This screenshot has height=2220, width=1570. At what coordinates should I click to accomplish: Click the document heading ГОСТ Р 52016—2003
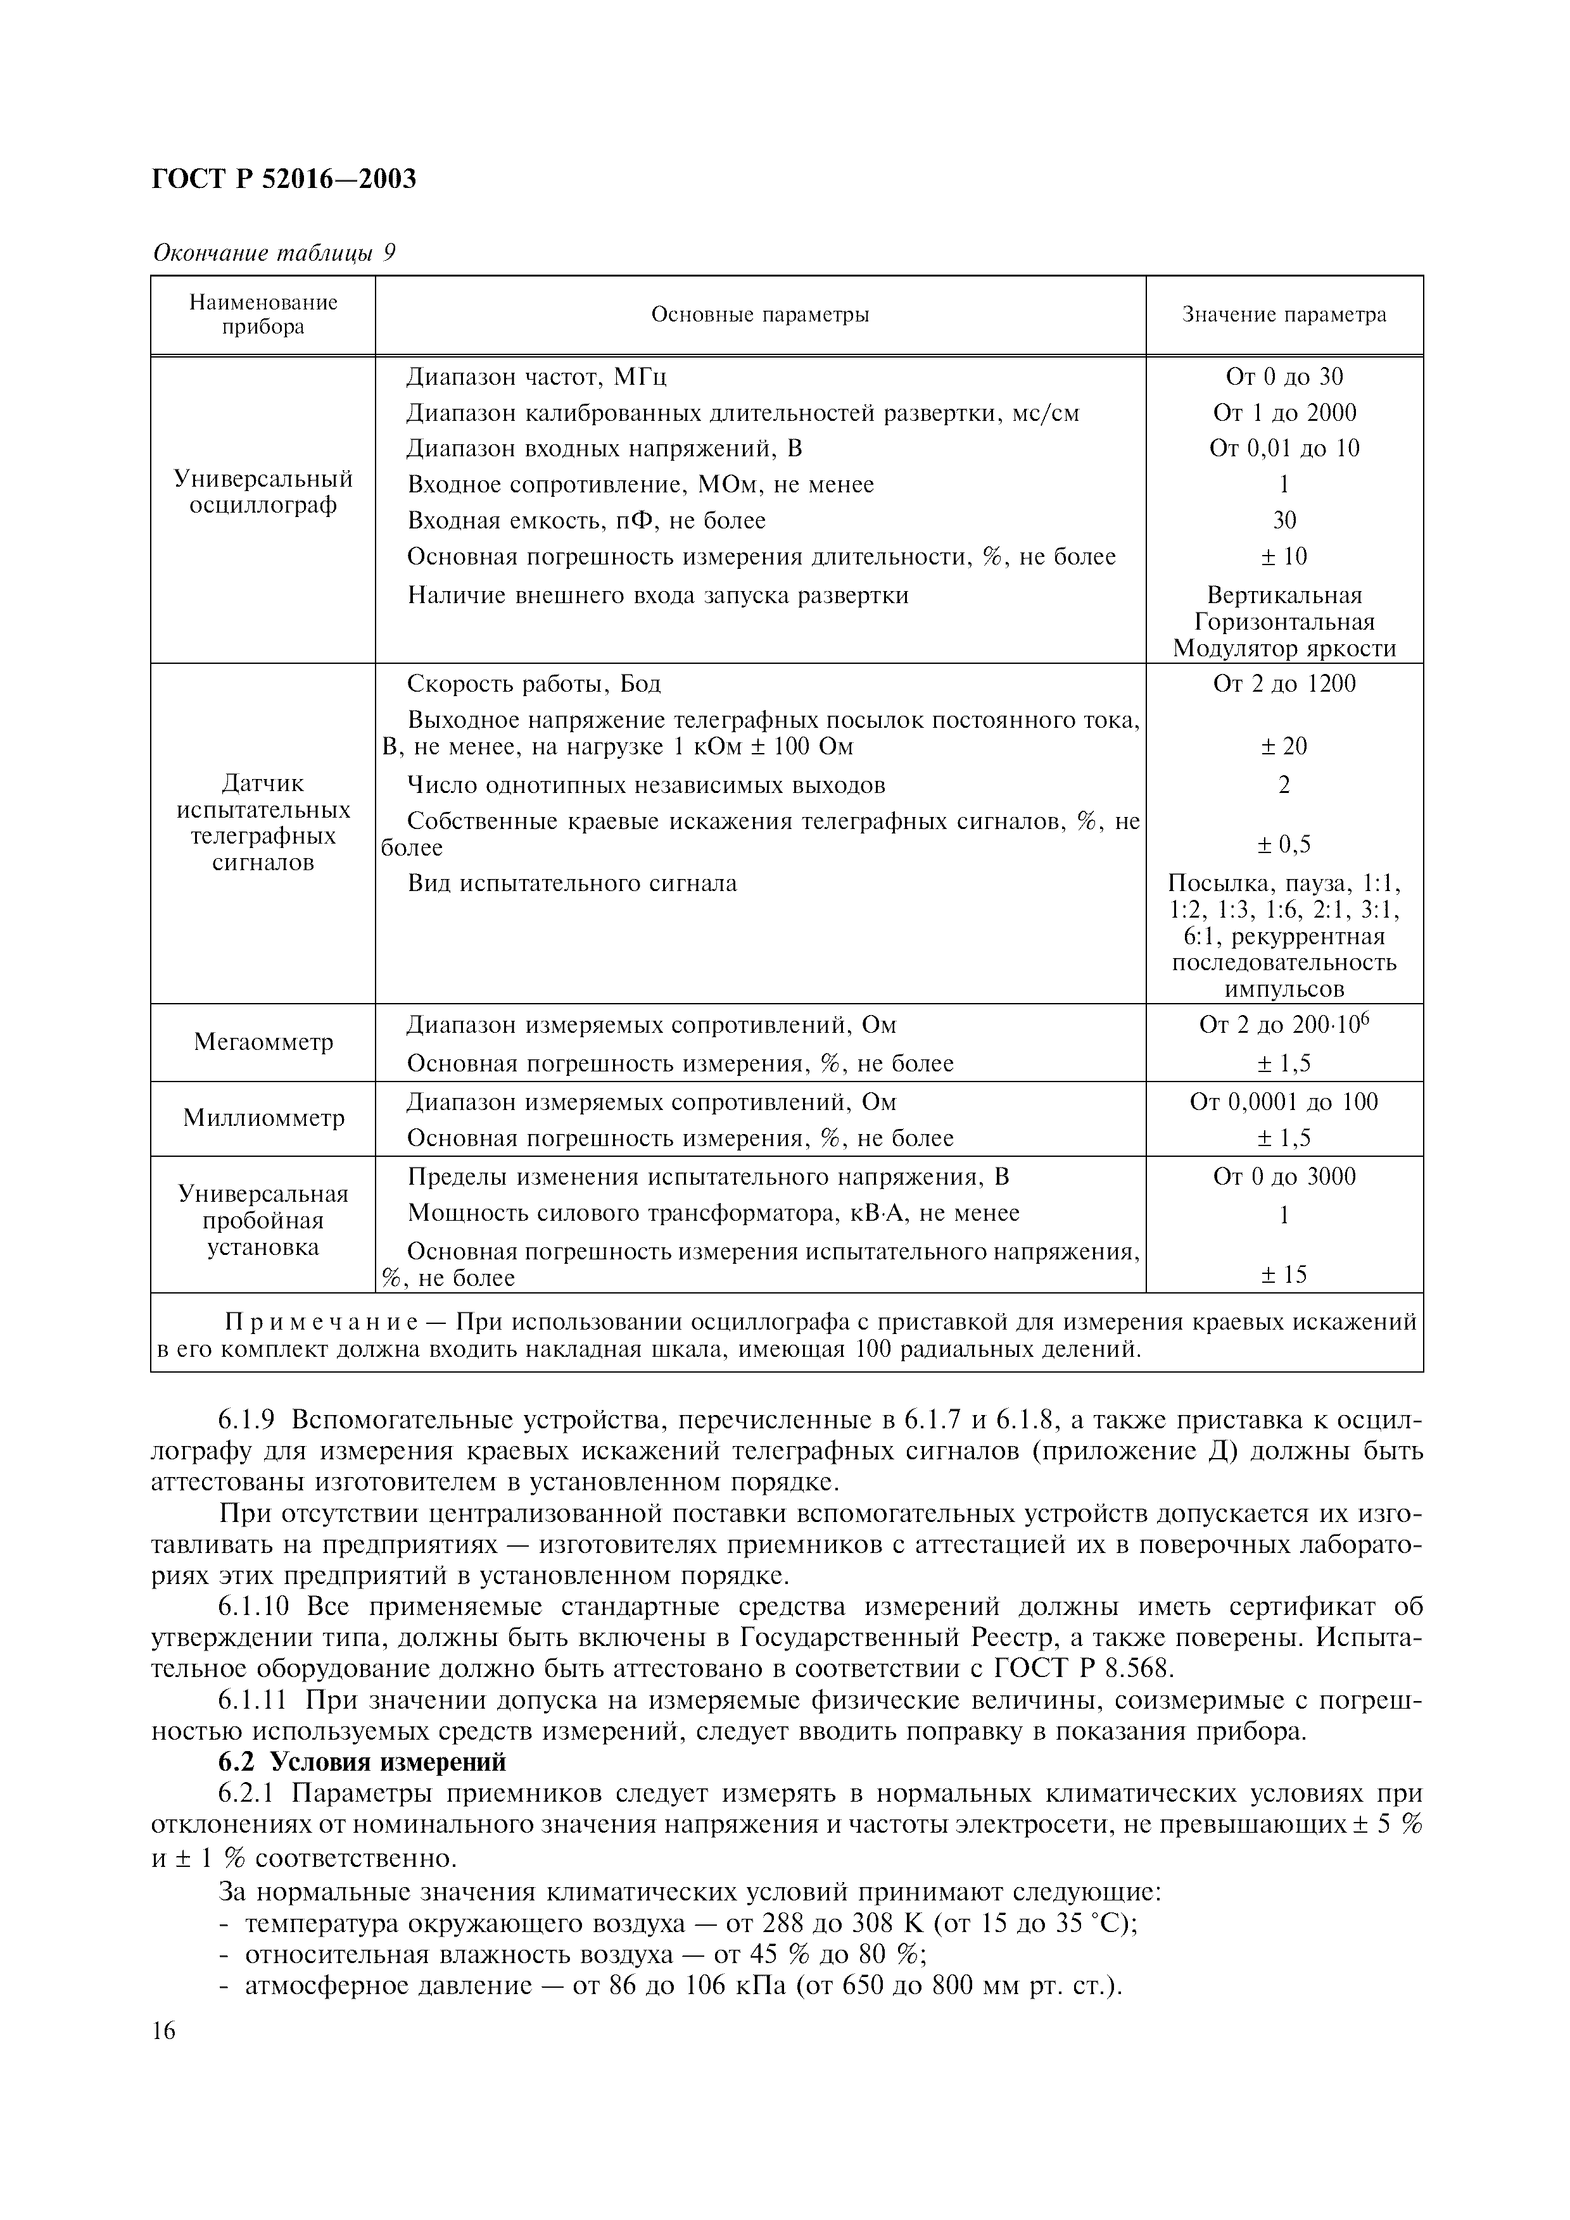pyautogui.click(x=284, y=179)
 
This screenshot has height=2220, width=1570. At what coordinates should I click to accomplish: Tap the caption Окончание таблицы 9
pyautogui.click(x=275, y=253)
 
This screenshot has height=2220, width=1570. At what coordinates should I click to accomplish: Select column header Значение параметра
pyautogui.click(x=1284, y=315)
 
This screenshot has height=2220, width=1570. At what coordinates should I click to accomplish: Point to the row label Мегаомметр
pyautogui.click(x=263, y=1042)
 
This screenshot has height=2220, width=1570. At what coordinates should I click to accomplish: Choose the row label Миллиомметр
pyautogui.click(x=263, y=1119)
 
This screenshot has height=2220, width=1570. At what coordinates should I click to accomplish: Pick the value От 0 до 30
pyautogui.click(x=1284, y=377)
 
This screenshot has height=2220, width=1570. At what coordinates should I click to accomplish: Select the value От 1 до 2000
pyautogui.click(x=1284, y=413)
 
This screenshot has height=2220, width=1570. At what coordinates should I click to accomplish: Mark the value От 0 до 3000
pyautogui.click(x=1284, y=1176)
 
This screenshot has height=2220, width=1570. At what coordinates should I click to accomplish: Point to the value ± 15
pyautogui.click(x=1284, y=1275)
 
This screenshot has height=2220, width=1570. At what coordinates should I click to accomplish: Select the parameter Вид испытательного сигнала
pyautogui.click(x=572, y=883)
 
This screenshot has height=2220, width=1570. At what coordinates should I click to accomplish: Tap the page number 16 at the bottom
pyautogui.click(x=165, y=2031)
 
